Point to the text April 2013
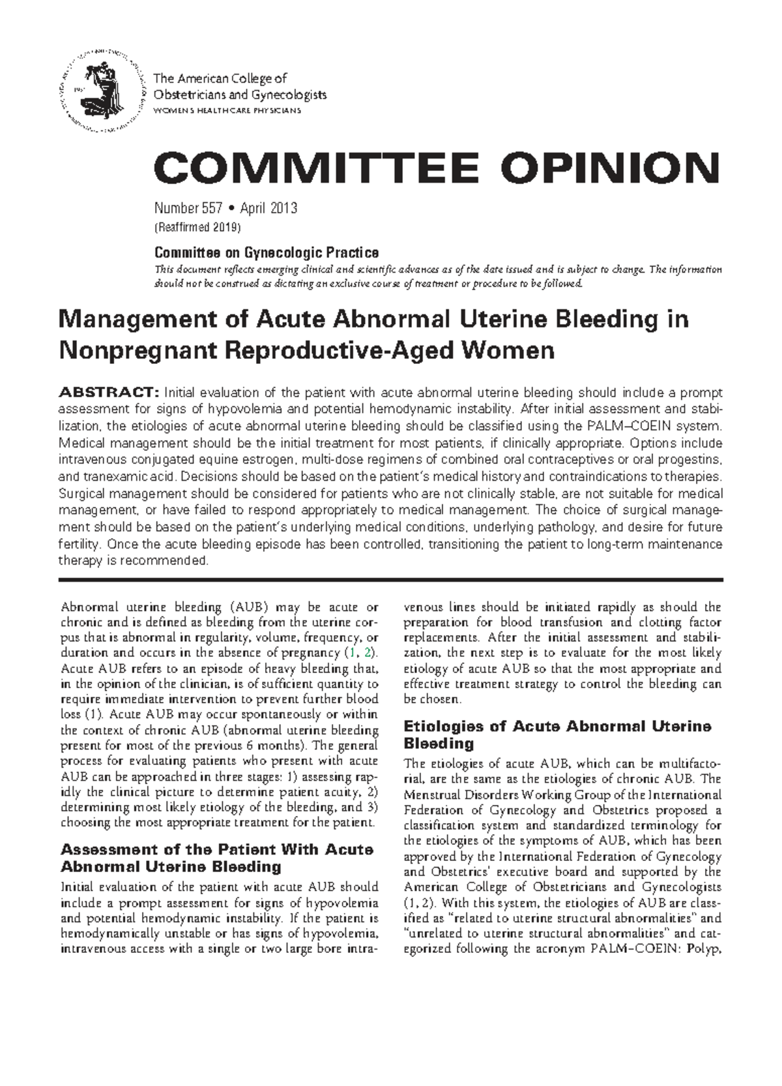pyautogui.click(x=268, y=209)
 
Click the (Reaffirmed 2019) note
pyautogui.click(x=197, y=228)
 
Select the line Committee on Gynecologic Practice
pyautogui.click(x=266, y=252)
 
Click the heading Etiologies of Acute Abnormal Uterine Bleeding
pyautogui.click(x=557, y=734)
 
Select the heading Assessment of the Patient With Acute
pyautogui.click(x=216, y=850)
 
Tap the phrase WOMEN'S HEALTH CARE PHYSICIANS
pyautogui.click(x=227, y=110)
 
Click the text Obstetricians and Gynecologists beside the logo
pyautogui.click(x=239, y=95)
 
